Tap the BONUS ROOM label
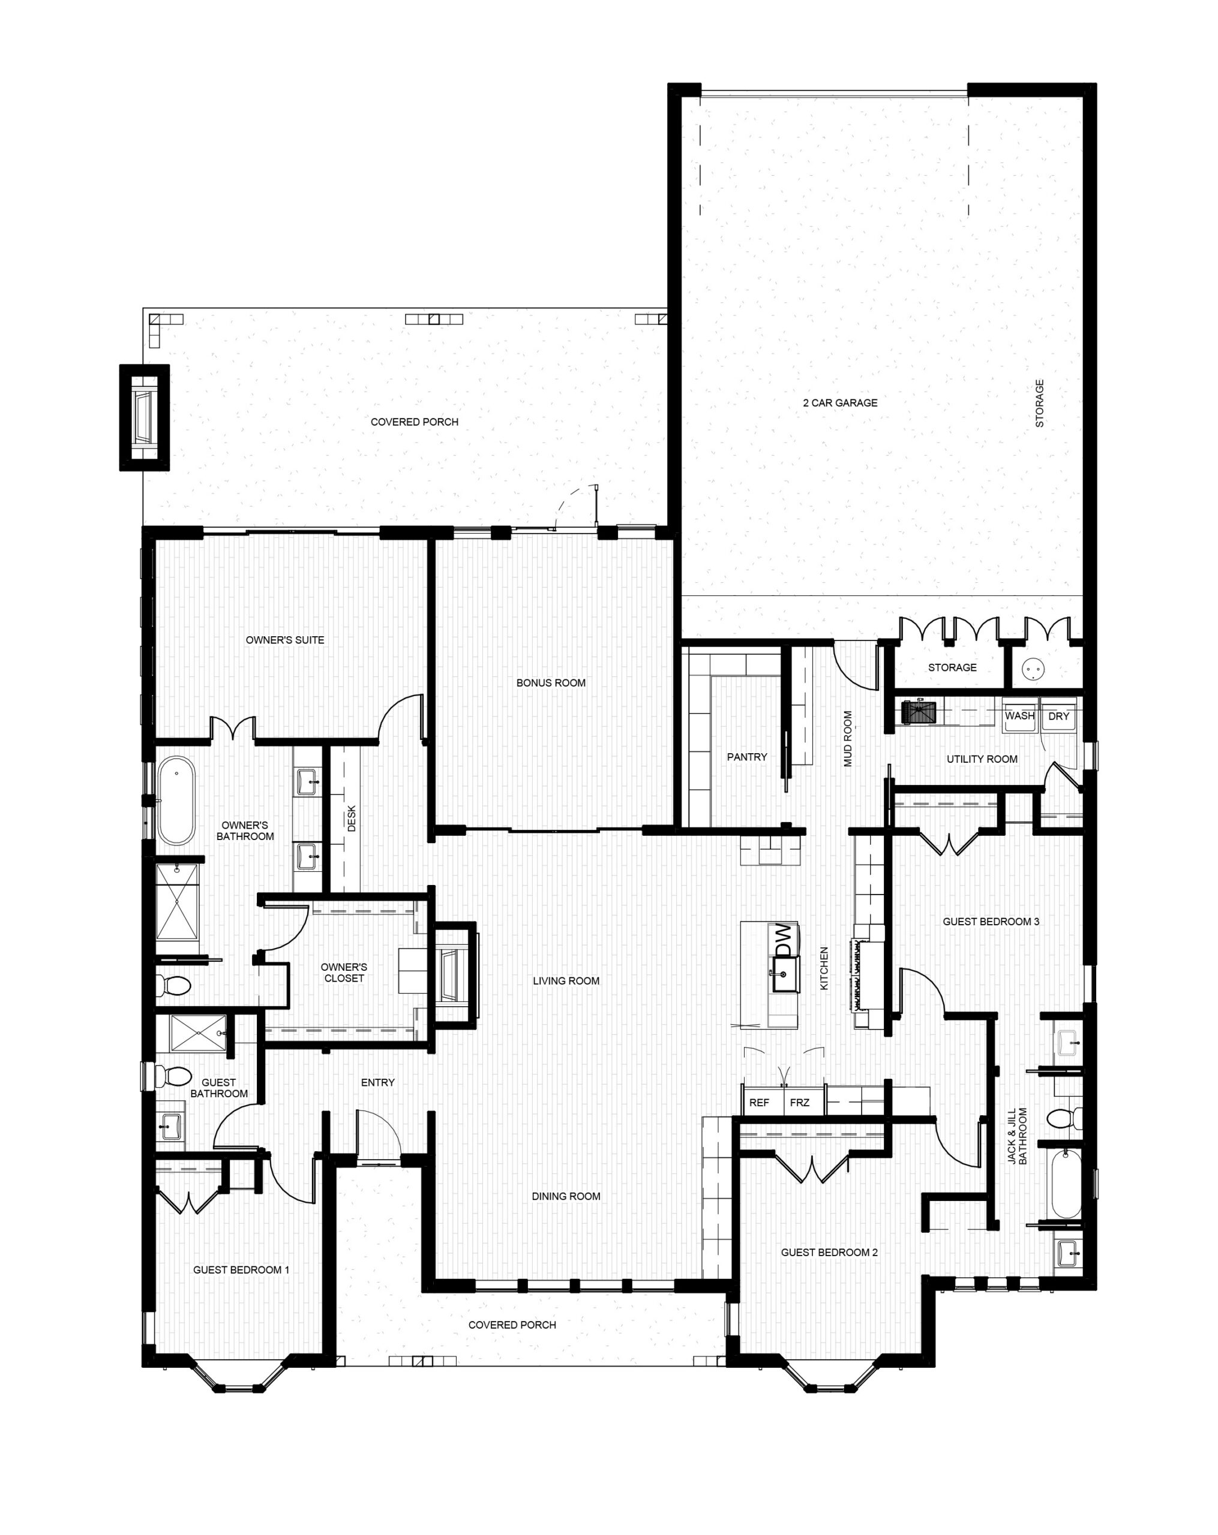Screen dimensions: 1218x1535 tap(551, 683)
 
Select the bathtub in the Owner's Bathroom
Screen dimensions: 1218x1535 tap(175, 800)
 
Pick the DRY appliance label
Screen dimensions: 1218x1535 tap(1058, 717)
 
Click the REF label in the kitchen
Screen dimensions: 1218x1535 tap(759, 1102)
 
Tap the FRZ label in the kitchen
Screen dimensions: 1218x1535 tap(799, 1102)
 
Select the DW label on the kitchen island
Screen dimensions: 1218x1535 tap(783, 941)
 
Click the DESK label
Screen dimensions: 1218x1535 tap(351, 818)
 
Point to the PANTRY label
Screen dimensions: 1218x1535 tap(746, 757)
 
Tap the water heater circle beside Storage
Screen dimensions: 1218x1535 tap(1032, 669)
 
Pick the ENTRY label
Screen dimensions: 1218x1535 tap(377, 1082)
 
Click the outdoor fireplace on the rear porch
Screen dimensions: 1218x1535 tap(144, 417)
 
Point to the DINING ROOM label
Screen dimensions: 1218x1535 tap(566, 1196)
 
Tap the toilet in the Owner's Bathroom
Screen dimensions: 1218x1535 tap(173, 985)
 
